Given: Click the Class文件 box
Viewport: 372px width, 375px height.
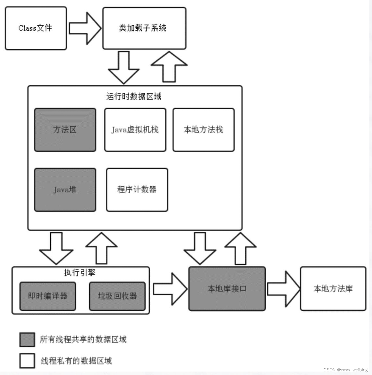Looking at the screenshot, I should [x=36, y=28].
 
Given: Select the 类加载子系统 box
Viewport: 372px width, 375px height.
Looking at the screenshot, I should [x=144, y=28].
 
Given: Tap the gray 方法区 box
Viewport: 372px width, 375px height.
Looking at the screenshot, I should [x=65, y=130].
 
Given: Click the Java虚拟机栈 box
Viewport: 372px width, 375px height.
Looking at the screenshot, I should [x=135, y=130].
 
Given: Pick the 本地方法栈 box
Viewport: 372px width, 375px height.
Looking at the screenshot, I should [x=203, y=130].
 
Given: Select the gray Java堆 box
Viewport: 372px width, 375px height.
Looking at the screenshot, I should [x=65, y=190].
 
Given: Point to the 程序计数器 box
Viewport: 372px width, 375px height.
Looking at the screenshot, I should [x=137, y=190].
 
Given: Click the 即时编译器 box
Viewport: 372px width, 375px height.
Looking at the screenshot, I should [x=48, y=296].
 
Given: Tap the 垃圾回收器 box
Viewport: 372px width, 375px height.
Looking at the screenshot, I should [x=117, y=296].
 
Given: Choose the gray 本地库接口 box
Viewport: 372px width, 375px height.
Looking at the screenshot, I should [x=227, y=289].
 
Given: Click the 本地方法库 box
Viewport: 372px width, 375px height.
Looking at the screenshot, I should [x=333, y=289].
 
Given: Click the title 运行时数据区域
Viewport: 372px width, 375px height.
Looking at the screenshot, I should [x=134, y=97].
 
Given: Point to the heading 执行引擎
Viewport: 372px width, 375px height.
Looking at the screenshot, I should [x=80, y=273].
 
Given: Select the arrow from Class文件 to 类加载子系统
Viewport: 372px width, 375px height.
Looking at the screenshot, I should [x=85, y=28].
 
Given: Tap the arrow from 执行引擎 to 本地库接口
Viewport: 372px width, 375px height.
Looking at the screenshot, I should [x=170, y=289].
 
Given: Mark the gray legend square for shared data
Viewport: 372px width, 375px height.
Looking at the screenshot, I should [x=27, y=340].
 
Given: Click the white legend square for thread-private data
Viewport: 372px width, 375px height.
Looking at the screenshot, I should [x=27, y=361].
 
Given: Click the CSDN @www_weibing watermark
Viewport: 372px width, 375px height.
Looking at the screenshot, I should [x=345, y=370].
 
